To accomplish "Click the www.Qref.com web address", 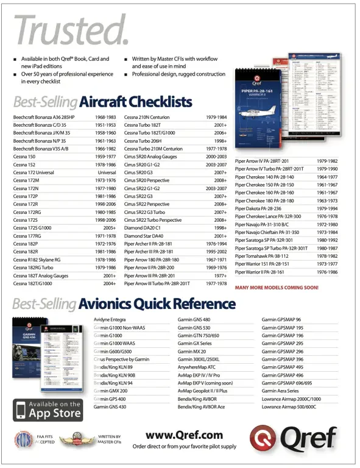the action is (184, 434).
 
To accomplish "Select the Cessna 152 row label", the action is (25, 165).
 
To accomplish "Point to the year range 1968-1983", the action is (105, 116).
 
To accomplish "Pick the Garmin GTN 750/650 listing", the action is (199, 335).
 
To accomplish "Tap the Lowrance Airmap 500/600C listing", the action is (289, 406).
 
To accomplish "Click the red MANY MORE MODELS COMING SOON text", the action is (276, 286).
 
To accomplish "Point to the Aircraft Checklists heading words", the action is (136, 101).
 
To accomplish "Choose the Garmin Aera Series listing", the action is (281, 390).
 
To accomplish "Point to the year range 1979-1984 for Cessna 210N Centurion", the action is (216, 116).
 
